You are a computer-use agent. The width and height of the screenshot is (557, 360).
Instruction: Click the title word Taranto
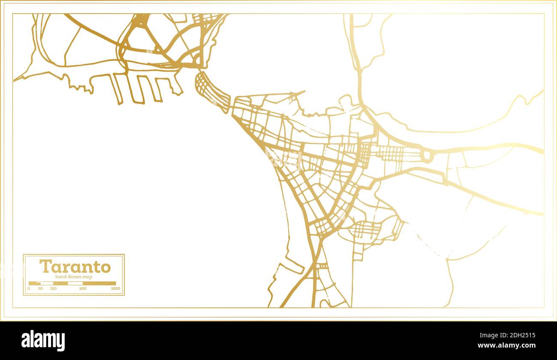pos(75,267)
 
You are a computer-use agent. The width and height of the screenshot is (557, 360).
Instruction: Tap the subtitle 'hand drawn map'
pos(74,277)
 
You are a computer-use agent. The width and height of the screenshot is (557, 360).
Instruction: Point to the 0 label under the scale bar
pos(29,288)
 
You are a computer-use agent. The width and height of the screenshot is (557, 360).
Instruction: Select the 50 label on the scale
pos(40,288)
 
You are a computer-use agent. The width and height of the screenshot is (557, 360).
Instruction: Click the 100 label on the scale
pos(53,288)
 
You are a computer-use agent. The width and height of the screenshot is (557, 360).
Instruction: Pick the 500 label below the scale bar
pos(83,288)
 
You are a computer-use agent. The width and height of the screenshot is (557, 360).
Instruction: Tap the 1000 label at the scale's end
pos(115,288)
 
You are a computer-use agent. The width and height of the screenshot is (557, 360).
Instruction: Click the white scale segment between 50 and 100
pos(47,283)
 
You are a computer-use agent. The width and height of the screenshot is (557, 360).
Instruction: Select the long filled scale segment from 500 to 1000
pos(99,283)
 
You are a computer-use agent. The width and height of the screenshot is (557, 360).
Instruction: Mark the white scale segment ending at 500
pos(75,283)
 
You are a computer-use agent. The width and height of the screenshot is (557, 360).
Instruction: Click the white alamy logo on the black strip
pos(43,341)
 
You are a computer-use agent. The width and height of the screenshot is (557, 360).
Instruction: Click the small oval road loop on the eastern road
pos(427,156)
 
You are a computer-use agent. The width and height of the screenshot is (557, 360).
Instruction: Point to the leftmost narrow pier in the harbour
pos(117,89)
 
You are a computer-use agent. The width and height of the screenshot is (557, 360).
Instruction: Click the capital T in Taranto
pos(45,266)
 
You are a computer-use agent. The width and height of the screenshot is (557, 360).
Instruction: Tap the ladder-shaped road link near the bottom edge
pos(321,266)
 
